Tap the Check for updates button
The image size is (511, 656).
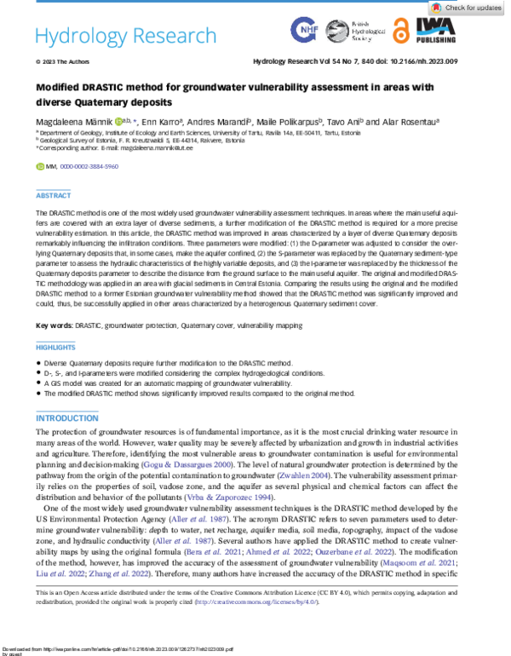[479, 8]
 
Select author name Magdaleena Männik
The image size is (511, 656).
[74, 122]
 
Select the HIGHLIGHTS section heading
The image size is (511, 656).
[56, 348]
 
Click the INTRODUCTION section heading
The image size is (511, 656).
[66, 418]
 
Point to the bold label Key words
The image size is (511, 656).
[53, 326]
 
